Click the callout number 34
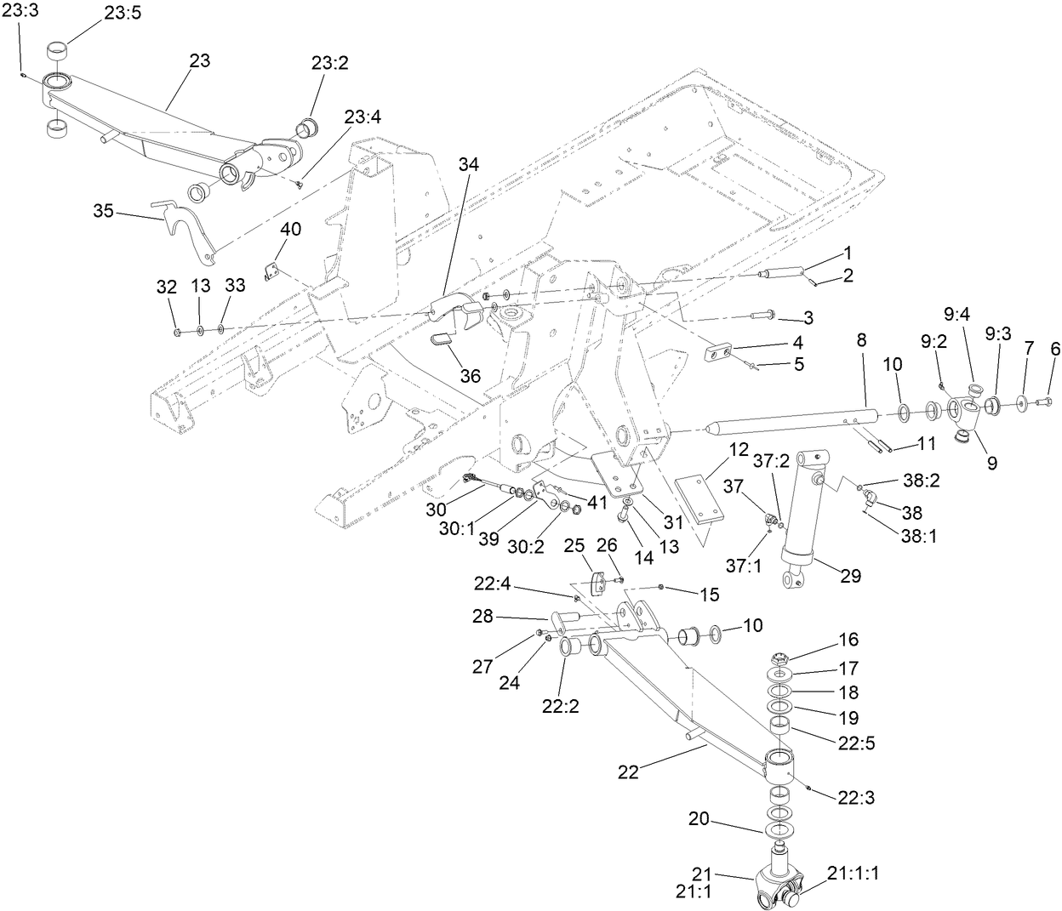click(x=467, y=165)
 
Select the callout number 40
click(x=291, y=230)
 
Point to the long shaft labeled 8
click(x=791, y=421)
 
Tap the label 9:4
click(x=956, y=315)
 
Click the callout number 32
click(x=165, y=287)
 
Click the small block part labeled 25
click(x=600, y=584)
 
